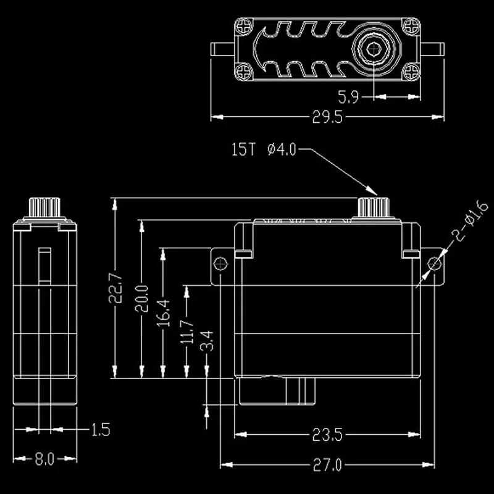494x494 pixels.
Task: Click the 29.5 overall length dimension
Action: point(327,117)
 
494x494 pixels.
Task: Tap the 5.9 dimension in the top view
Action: point(348,97)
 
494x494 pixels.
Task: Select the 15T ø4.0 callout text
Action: point(264,149)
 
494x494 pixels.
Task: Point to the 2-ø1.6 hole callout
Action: point(469,221)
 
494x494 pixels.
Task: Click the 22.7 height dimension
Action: point(115,288)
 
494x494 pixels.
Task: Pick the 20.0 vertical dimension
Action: point(141,298)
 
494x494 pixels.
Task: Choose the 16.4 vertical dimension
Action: point(164,313)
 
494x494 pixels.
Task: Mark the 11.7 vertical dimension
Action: point(186,332)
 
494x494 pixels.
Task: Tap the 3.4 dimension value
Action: point(207,341)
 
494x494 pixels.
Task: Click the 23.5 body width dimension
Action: point(327,435)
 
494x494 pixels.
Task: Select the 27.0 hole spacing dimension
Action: point(327,465)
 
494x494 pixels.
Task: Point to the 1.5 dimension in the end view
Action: point(101,429)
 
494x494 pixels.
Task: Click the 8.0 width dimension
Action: point(44,459)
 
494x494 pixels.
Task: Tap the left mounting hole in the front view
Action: point(220,264)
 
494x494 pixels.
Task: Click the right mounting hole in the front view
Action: point(435,264)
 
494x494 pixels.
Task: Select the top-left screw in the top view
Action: point(244,26)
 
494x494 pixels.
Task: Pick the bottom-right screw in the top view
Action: point(411,72)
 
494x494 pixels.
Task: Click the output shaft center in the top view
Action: point(374,49)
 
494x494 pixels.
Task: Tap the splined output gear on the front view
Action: point(374,207)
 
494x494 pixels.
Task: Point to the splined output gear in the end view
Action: point(44,207)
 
